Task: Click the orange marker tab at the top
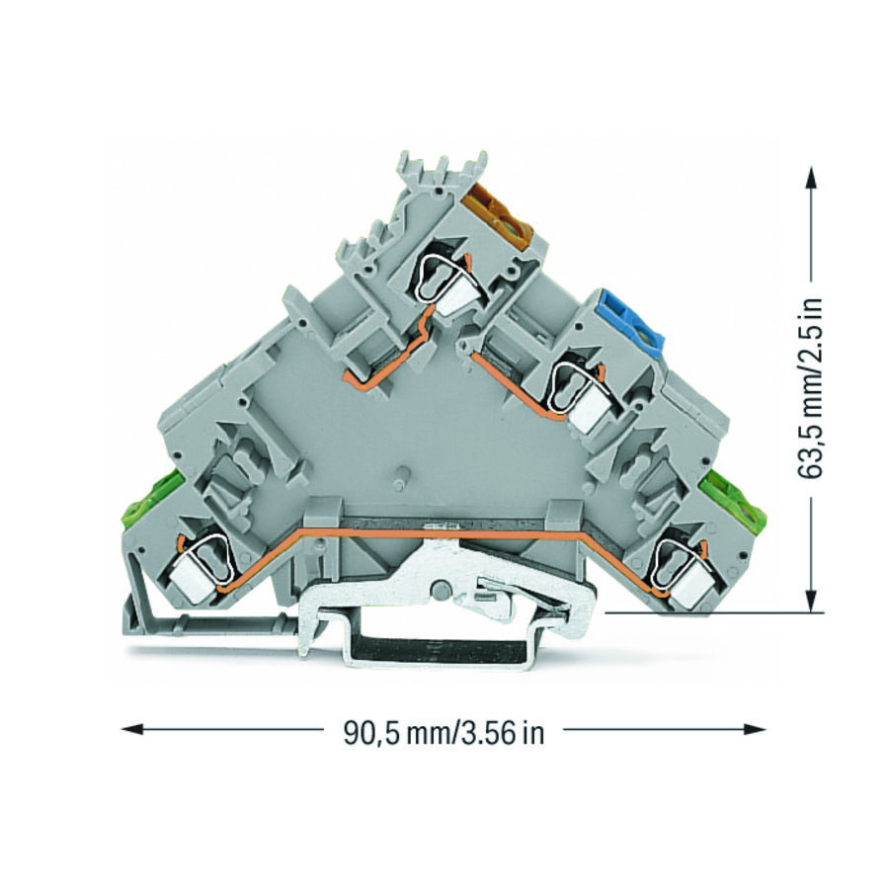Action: (499, 215)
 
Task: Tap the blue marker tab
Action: (633, 323)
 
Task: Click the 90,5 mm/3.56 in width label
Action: (444, 733)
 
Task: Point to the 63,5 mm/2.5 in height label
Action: (811, 388)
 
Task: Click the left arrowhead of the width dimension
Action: (132, 729)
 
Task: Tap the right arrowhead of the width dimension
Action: (755, 729)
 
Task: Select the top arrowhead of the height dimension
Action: (813, 179)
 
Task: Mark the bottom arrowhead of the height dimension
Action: (813, 600)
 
